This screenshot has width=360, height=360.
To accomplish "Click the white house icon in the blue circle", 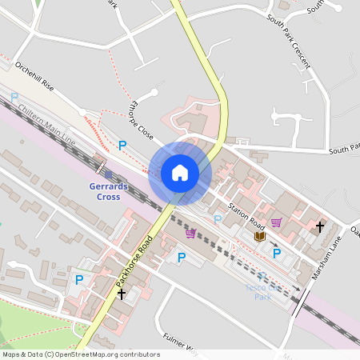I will pos(180,172).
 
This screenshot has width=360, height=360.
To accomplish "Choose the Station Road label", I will pos(245,213).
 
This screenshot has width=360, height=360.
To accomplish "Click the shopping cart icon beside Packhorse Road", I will pos(190,233).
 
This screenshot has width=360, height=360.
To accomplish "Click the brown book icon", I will pos(259,236).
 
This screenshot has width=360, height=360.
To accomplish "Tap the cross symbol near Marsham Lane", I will pos(320,227).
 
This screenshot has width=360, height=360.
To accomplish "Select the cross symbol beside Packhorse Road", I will pos(121,294).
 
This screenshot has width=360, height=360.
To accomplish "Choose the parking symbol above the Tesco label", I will pos(277,254).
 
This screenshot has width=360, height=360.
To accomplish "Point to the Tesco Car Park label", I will pos(259,291).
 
